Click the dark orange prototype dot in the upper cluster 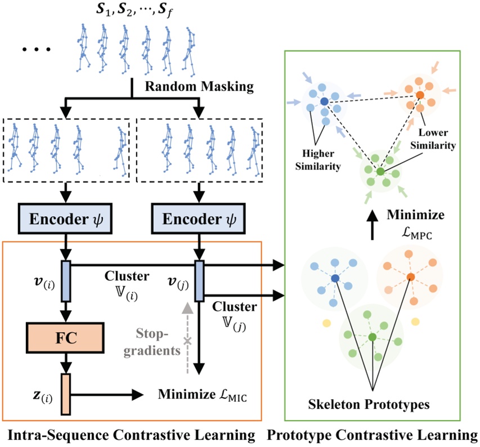point(420,93)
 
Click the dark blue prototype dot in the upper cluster point(325,101)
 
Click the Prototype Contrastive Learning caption point(373,435)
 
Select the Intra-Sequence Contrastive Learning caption point(131,435)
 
